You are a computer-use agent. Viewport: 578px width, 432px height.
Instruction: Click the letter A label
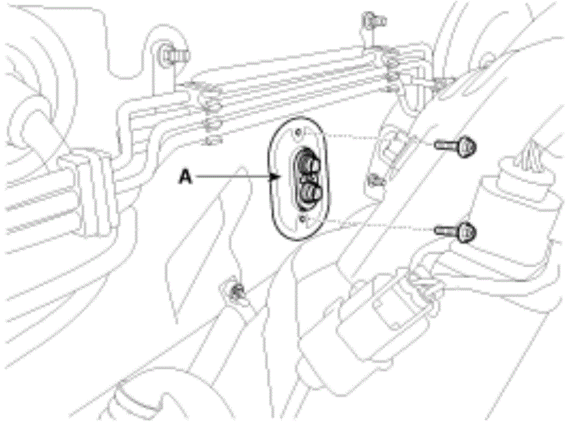click(x=186, y=177)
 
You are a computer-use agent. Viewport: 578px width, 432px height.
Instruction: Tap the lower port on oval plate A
click(x=309, y=192)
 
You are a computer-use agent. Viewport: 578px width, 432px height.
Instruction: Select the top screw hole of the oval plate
click(x=300, y=132)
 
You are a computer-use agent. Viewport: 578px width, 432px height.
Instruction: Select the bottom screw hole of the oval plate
click(x=303, y=219)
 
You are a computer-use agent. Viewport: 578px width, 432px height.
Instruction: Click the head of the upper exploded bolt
click(x=466, y=146)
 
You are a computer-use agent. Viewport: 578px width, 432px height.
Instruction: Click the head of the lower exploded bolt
click(x=466, y=232)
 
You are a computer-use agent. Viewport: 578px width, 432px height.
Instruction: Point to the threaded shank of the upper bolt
click(x=447, y=144)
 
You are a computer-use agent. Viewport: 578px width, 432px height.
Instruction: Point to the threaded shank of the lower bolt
click(x=447, y=231)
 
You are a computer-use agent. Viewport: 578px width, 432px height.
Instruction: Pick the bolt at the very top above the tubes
click(x=373, y=21)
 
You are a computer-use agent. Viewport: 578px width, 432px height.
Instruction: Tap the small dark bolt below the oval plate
click(x=236, y=292)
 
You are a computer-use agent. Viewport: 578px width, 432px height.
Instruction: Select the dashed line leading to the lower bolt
click(x=379, y=226)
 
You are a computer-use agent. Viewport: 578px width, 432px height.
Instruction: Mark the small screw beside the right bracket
click(x=375, y=181)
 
